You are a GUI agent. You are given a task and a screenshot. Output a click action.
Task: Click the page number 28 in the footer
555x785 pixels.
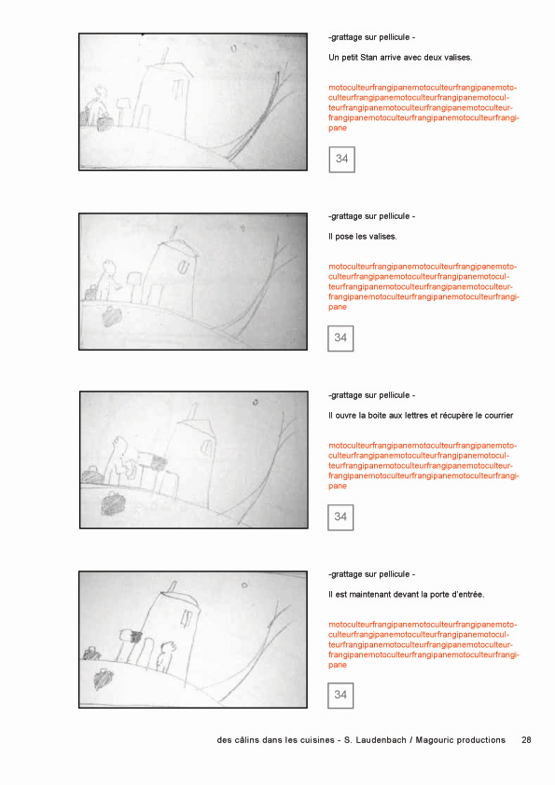coord(526,740)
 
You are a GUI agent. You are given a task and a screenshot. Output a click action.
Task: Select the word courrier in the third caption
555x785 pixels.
coord(498,416)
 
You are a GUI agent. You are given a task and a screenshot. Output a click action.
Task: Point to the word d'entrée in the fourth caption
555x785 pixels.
coord(468,595)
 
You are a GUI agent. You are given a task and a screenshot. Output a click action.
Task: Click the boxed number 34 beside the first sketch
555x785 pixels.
coord(341,159)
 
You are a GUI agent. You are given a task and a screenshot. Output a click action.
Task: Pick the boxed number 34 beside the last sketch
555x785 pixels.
coord(340,695)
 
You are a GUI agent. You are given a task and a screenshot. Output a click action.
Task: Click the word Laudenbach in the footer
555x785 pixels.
coord(381,740)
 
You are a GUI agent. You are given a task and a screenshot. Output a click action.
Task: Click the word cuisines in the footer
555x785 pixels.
coord(317,740)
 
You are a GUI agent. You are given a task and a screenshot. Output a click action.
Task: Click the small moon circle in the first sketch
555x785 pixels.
coord(234,48)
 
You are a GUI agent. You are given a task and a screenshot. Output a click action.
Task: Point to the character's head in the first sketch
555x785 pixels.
coord(101,90)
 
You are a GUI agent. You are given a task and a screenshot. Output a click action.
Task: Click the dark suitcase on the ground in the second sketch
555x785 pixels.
coord(111,317)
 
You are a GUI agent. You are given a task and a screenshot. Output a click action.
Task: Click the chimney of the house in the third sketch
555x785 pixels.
coord(191,412)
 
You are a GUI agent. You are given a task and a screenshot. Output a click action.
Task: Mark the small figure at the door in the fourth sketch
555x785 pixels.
coord(166,656)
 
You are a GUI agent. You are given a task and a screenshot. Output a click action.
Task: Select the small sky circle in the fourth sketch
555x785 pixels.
coord(244,585)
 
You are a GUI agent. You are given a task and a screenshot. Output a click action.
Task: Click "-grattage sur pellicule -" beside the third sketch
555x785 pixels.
coord(371,395)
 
